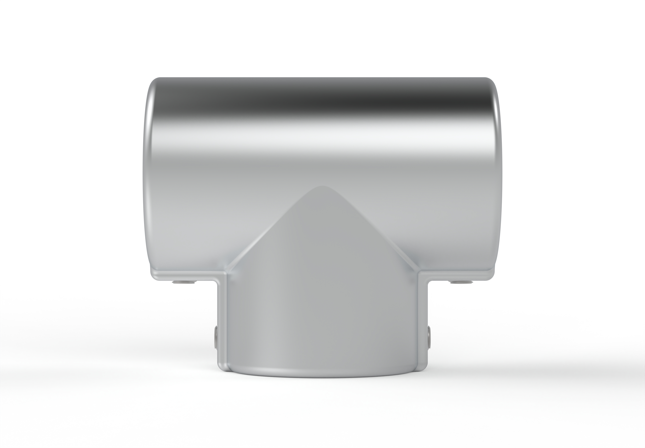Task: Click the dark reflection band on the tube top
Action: point(322,101)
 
